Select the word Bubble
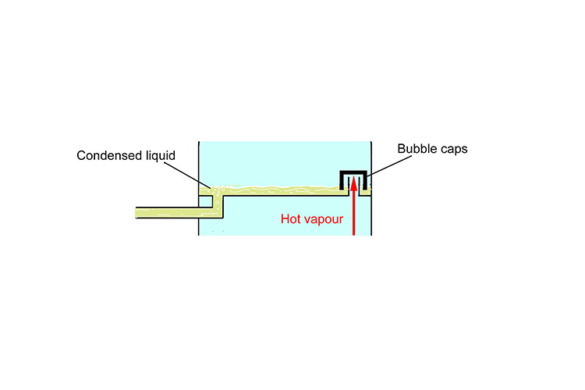[x=418, y=148]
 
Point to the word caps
[x=456, y=148]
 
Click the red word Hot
[x=292, y=219]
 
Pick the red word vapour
[x=324, y=219]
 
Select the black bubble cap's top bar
[x=353, y=172]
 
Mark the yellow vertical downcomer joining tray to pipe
[x=218, y=201]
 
